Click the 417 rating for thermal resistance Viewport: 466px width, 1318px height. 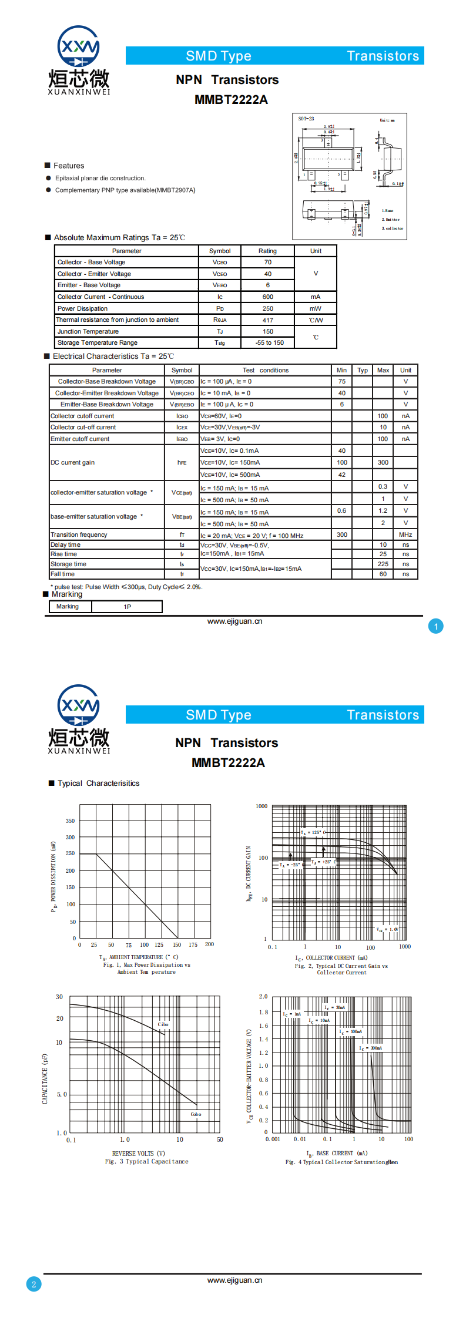[x=268, y=320]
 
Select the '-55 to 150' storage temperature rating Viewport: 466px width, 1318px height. [x=270, y=343]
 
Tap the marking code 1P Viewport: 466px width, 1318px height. [x=128, y=607]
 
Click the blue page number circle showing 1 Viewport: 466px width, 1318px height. [x=436, y=627]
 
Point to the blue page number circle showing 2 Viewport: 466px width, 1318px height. [x=33, y=1284]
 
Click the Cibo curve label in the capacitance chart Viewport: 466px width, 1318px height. [x=163, y=1024]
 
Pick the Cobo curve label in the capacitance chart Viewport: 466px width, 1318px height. [x=196, y=1114]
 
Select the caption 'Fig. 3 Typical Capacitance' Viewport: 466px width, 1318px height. [x=147, y=1161]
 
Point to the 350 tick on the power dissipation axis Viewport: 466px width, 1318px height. [x=71, y=821]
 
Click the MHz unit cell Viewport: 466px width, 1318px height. [x=405, y=535]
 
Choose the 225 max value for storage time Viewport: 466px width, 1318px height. [x=383, y=564]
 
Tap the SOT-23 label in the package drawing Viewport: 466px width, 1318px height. [x=306, y=119]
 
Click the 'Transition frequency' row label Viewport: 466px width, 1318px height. [x=79, y=535]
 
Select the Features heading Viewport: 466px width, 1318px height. [x=69, y=166]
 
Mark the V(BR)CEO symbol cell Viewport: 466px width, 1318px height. [x=182, y=394]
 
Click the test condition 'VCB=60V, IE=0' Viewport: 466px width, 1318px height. [x=221, y=416]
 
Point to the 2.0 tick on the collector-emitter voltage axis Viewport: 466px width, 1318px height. [x=263, y=997]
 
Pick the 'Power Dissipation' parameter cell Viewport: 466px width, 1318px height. [x=83, y=309]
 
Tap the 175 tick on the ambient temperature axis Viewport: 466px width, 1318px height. [x=193, y=945]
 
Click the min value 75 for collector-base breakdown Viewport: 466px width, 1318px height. [x=342, y=382]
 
